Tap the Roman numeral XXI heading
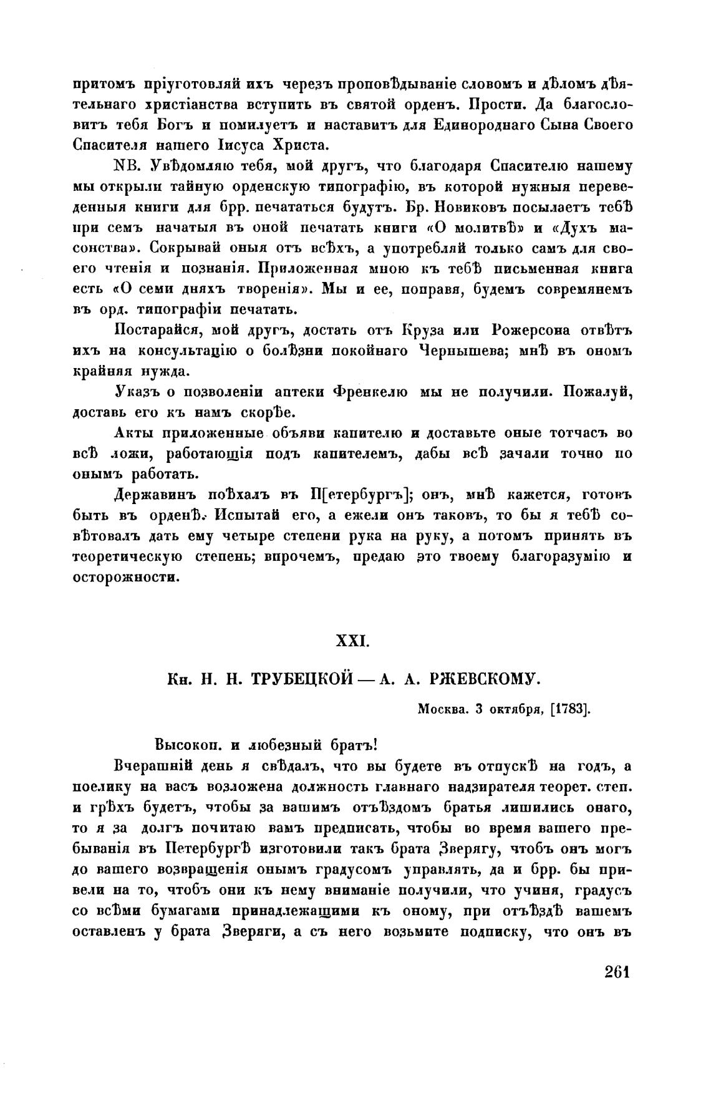point(354,641)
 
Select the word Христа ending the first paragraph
point(299,146)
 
